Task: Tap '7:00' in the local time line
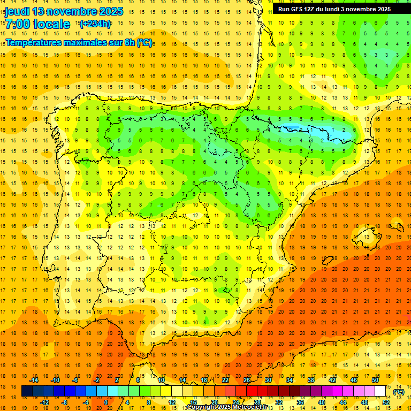coord(19,24)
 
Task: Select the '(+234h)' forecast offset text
coord(95,24)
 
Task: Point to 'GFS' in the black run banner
coord(299,9)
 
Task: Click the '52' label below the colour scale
coord(386,402)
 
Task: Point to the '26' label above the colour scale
coord(247,380)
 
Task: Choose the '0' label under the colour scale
coord(106,402)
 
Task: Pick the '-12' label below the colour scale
coord(44,402)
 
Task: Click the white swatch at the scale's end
coord(380,391)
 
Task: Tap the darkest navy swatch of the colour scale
coord(27,391)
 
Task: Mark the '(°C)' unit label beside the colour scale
coord(398,392)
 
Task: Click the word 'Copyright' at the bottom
coord(202,407)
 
